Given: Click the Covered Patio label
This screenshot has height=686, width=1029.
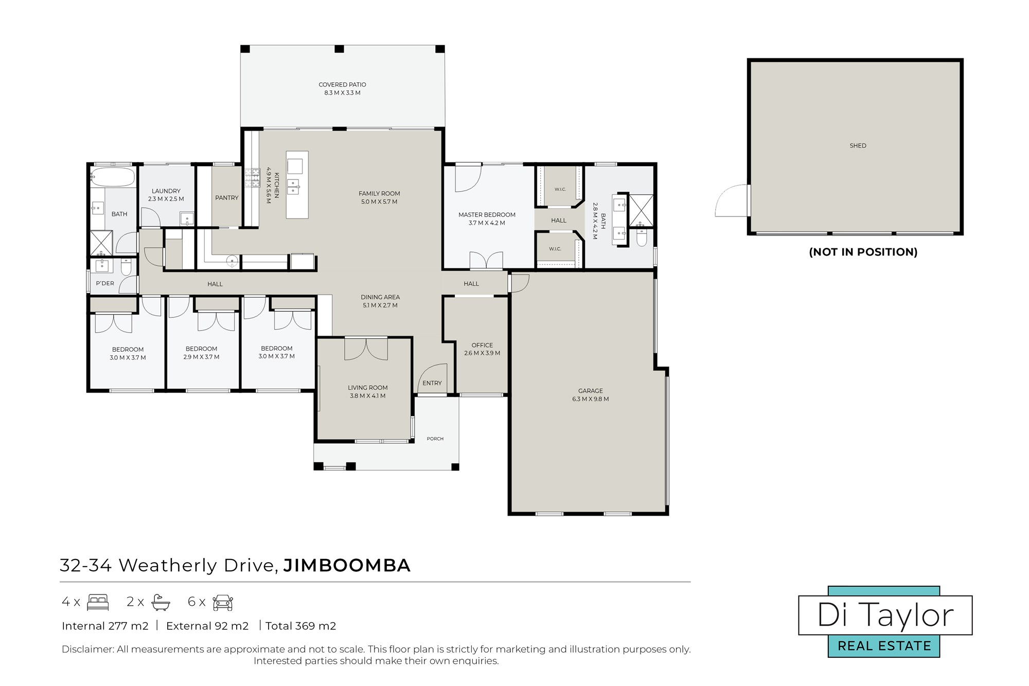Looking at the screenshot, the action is [342, 84].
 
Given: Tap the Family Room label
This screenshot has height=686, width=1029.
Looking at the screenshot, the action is [379, 193].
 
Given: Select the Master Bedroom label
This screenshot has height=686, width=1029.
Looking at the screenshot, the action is [487, 214].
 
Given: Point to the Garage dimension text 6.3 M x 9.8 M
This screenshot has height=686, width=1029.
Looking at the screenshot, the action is [590, 399].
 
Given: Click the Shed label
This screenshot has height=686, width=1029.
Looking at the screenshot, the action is [858, 146].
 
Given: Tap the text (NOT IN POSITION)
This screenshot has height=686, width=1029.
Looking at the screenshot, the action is [863, 252].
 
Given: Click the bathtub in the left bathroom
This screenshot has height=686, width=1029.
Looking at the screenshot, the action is [113, 177].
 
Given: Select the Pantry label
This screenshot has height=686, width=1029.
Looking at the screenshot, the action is [227, 197].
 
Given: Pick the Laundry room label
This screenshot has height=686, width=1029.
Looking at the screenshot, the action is [166, 191].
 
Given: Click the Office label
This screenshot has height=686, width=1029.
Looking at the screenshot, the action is [482, 345].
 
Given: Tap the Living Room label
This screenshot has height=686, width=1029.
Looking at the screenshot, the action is [367, 388].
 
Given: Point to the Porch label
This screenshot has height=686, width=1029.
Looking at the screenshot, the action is [435, 439].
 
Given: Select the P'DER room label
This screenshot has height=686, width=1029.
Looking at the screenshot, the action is [105, 283].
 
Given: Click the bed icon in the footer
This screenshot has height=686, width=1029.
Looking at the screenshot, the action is [98, 602].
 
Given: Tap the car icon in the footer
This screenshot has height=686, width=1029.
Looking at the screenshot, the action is [223, 602].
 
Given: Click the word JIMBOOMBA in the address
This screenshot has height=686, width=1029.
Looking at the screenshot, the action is [347, 565].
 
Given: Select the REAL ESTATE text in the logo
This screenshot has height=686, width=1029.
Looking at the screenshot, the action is [884, 646].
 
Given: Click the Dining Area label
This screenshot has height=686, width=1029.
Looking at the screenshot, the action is [380, 297].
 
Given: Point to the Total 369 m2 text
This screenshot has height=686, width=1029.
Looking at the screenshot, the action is [301, 626].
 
